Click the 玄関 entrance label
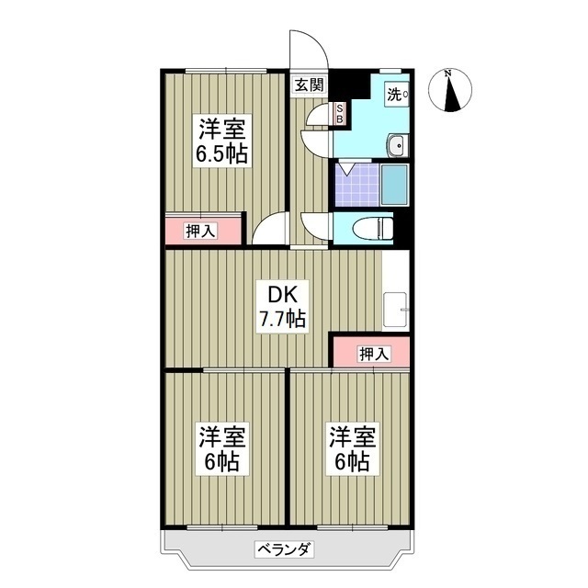(x=310, y=86)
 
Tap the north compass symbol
(x=453, y=91)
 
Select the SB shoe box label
(x=338, y=114)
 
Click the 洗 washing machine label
(x=393, y=93)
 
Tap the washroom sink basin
(x=398, y=146)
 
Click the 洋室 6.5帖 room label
(x=220, y=140)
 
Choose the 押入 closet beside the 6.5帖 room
(x=202, y=231)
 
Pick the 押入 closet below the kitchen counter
(x=371, y=353)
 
